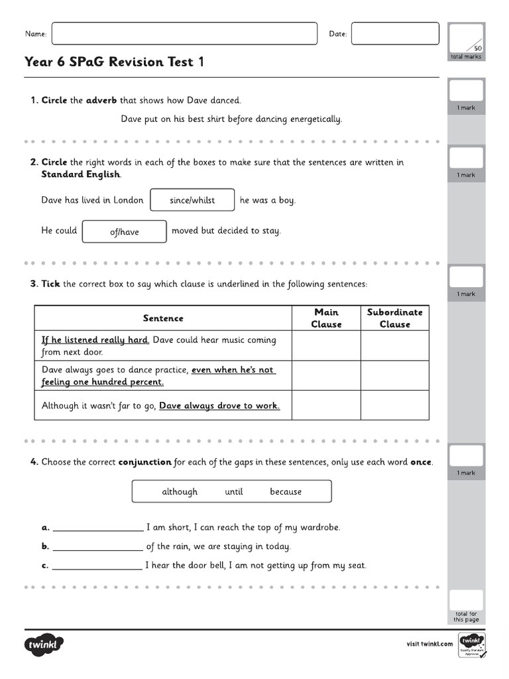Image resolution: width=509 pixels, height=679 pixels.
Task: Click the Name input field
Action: point(184,34)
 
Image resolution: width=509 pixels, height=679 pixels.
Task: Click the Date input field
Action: point(394,34)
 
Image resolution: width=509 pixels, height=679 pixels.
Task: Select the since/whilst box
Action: point(192,200)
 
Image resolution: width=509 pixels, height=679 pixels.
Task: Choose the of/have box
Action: point(124,231)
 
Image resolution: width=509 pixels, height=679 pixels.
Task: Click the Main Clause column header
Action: point(326,318)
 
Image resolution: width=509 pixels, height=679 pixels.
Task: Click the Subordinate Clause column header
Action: point(394,318)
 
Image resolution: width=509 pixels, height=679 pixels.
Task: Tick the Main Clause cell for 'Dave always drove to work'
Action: point(326,405)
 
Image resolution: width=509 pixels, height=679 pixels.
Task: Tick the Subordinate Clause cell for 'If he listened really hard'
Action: point(394,345)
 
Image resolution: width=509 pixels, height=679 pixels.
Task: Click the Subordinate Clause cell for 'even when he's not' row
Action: point(394,376)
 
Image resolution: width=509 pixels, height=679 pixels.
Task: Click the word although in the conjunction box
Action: point(180,491)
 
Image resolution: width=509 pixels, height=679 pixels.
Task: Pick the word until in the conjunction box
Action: point(234,491)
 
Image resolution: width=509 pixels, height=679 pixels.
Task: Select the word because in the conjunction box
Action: point(286,491)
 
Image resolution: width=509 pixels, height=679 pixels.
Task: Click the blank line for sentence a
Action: point(97,528)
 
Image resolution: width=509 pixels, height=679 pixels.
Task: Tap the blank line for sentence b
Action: point(97,548)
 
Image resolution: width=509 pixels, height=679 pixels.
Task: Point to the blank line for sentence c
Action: point(97,567)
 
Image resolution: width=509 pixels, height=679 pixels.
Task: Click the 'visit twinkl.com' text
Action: point(429,644)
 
